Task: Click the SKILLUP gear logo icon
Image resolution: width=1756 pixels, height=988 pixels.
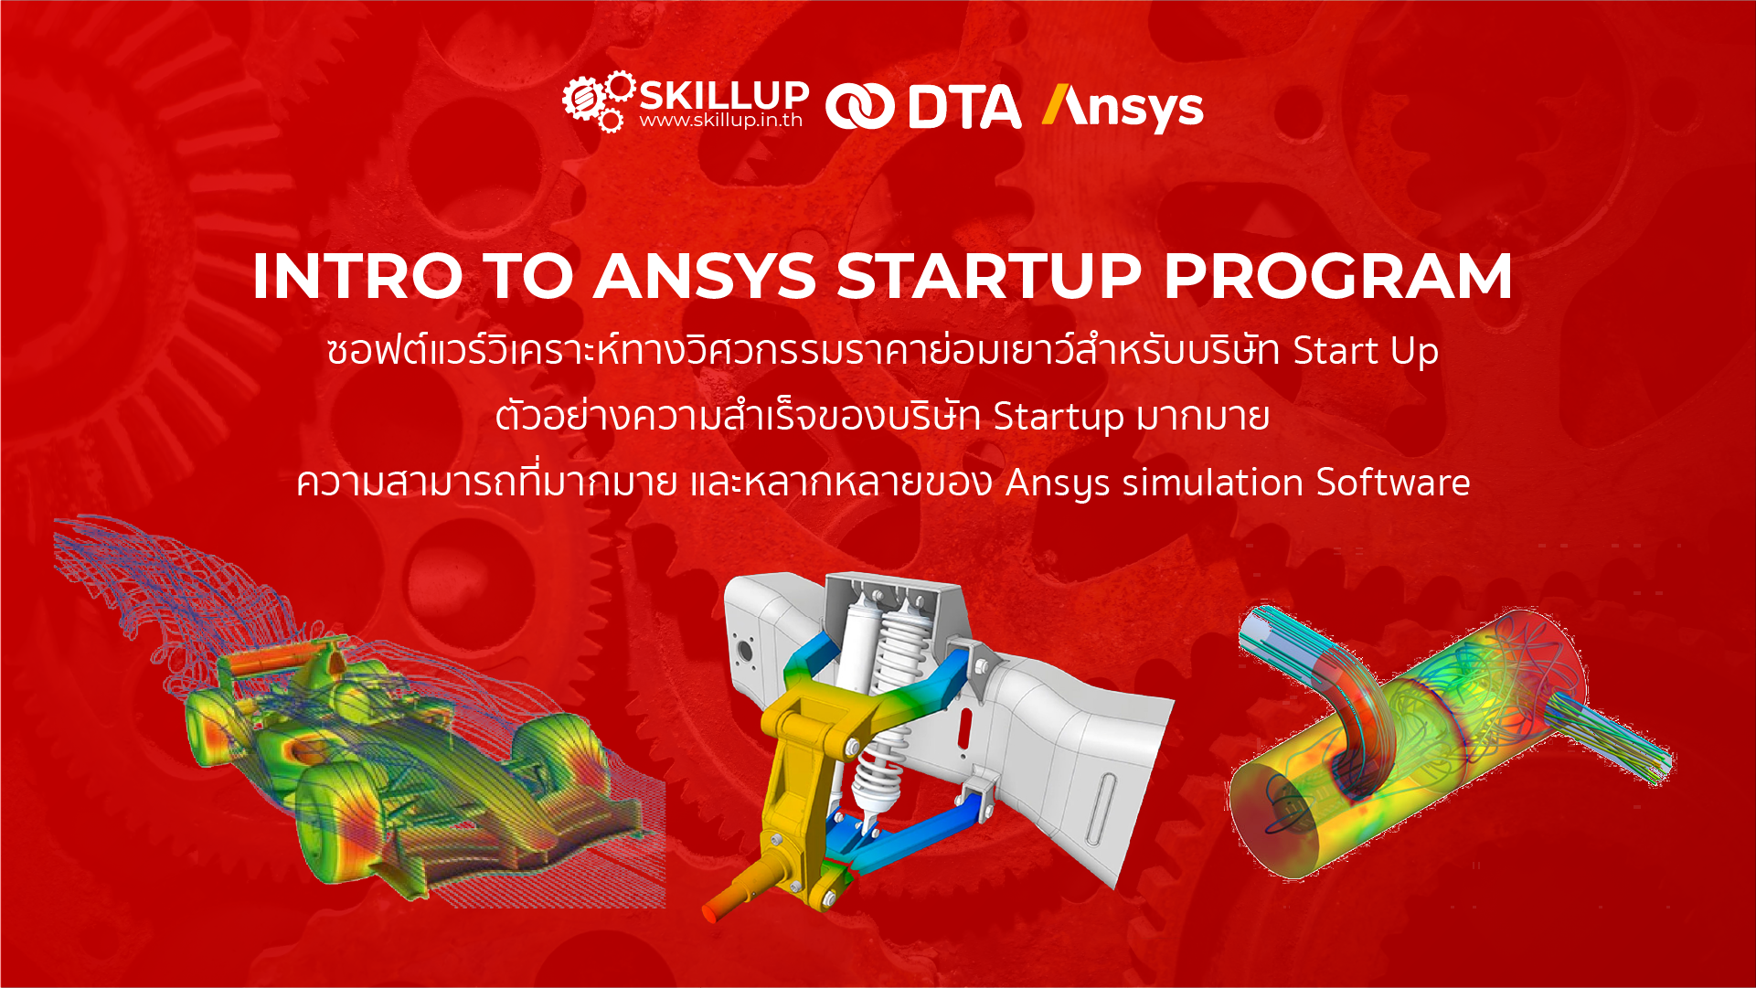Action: tap(599, 101)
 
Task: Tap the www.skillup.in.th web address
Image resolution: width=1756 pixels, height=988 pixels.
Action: tap(721, 121)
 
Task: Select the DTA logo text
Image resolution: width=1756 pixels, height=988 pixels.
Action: tap(964, 107)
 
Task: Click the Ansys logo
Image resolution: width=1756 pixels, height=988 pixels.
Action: tap(1123, 108)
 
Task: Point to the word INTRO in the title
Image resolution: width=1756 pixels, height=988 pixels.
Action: tap(357, 276)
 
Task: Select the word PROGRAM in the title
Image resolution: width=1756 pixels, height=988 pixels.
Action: tap(1338, 276)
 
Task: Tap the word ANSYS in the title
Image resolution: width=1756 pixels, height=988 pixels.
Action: tap(705, 276)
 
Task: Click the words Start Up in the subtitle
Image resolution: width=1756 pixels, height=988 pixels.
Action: tap(1366, 351)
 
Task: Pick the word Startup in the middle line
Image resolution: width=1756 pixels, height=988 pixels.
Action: tap(1059, 417)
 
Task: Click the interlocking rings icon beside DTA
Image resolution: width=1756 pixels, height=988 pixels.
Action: tap(859, 107)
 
